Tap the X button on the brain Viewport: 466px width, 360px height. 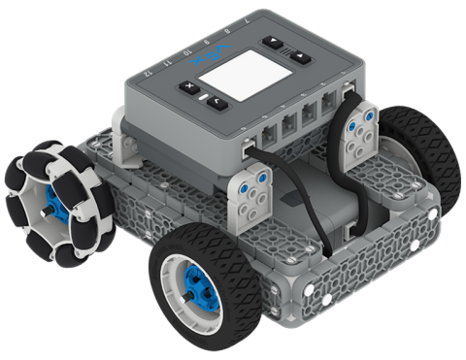pos(185,89)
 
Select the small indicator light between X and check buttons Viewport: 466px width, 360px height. pos(200,97)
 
